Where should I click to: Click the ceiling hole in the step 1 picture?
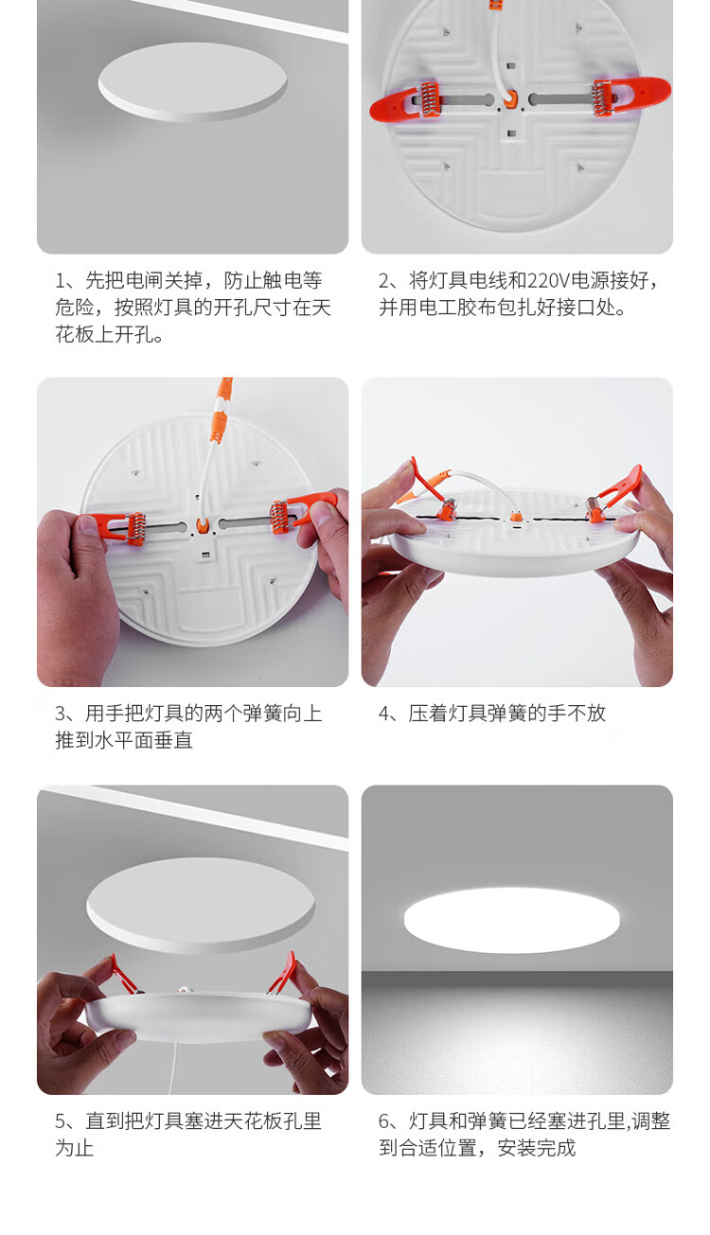point(192,82)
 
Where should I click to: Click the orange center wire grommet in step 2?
point(512,98)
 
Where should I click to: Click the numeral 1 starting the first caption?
point(61,281)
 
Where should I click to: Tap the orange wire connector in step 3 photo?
point(221,408)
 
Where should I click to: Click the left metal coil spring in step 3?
point(135,529)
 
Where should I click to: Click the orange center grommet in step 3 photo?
point(203,526)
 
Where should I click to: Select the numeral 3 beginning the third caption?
point(61,714)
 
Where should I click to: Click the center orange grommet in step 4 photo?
point(515,518)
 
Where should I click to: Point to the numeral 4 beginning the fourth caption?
point(384,714)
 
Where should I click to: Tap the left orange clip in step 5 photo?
point(122,974)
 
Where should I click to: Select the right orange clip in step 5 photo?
point(282,973)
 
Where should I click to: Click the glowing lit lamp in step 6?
point(511,920)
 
